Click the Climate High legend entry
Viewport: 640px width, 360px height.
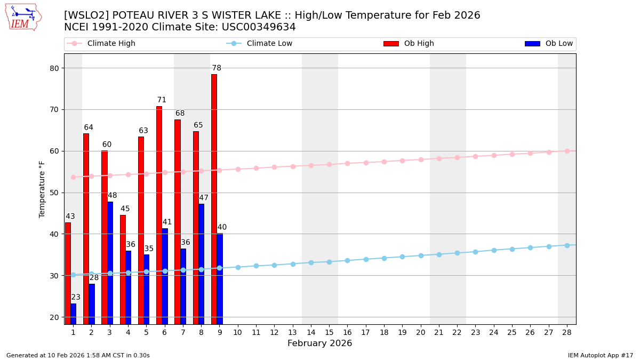tap(101, 44)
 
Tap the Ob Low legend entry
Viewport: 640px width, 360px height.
tap(549, 44)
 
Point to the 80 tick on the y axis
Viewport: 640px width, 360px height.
tap(54, 68)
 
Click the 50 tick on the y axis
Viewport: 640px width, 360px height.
tap(54, 193)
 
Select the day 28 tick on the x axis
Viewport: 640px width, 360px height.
tap(567, 332)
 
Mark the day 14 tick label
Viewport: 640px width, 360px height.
tap(311, 332)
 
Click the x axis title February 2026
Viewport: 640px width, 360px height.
tap(319, 343)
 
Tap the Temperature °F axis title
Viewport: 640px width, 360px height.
tap(42, 189)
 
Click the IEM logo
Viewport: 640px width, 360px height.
tap(23, 17)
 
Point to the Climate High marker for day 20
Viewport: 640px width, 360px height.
tap(421, 159)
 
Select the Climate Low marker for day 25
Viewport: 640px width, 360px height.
tap(512, 249)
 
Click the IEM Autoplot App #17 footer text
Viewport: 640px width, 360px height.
tap(601, 355)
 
